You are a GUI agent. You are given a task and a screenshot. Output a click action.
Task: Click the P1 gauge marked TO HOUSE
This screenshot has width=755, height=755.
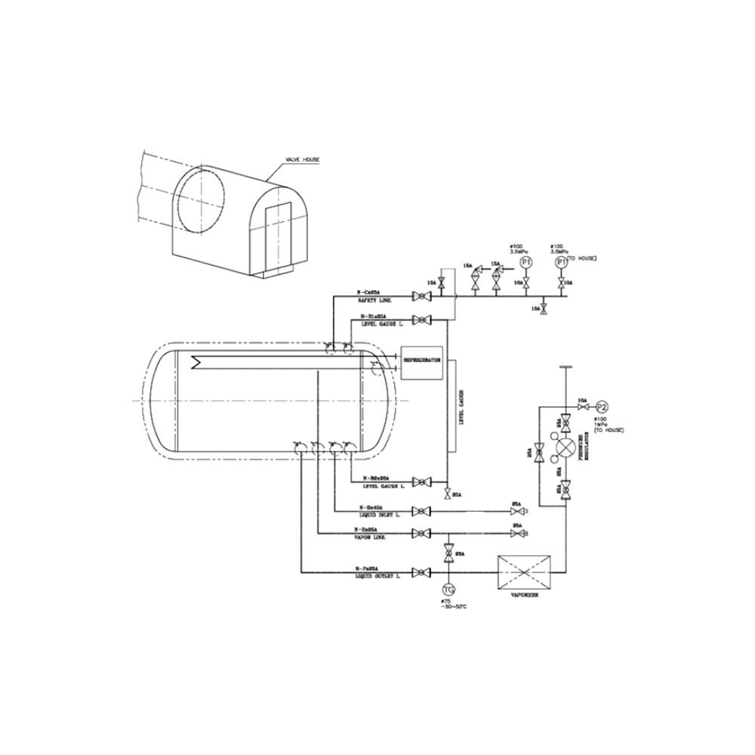[560, 261]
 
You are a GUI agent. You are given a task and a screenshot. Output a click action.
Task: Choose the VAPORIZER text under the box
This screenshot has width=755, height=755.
[524, 595]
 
